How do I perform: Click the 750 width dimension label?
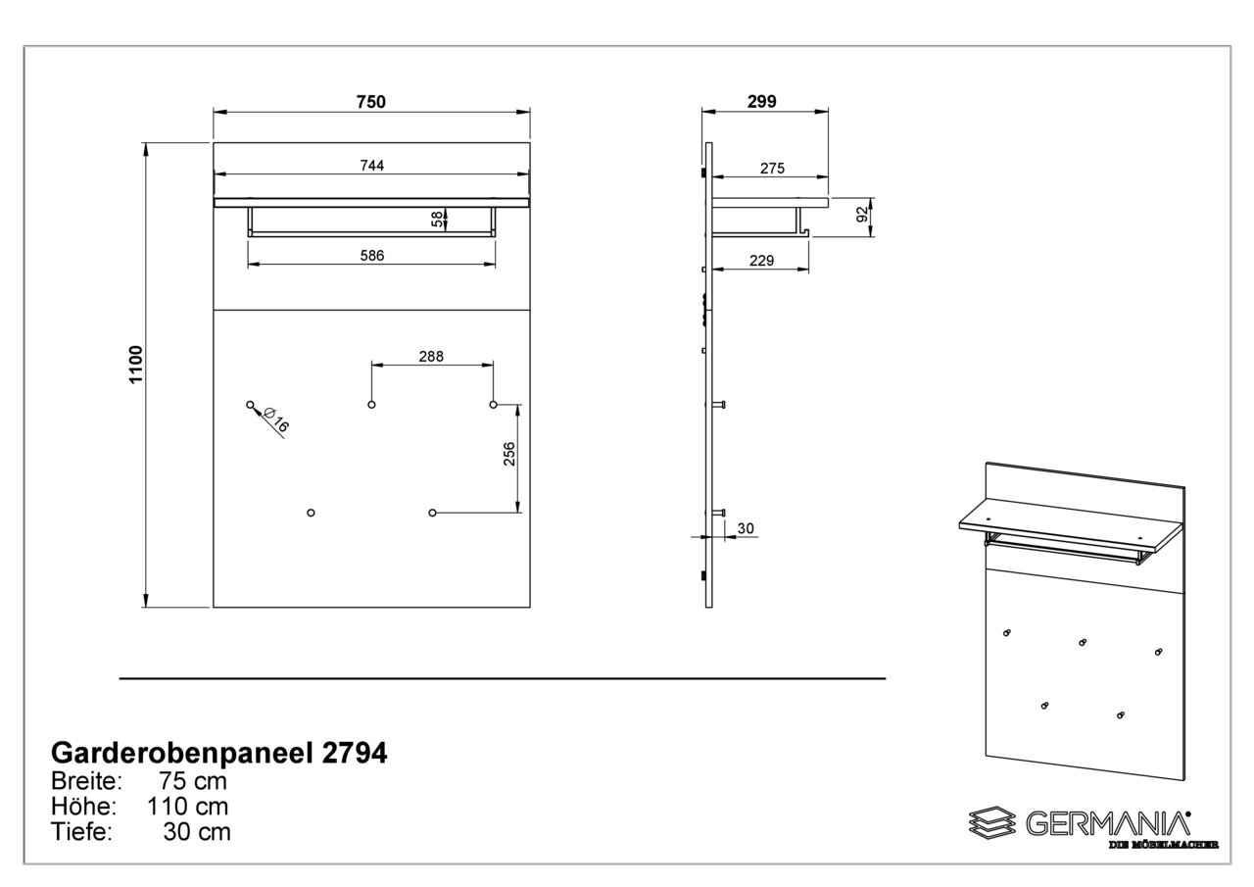[371, 102]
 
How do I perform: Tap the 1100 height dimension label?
[136, 365]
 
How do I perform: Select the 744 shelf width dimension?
[372, 166]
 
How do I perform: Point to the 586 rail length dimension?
[372, 256]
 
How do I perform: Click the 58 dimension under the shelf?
[437, 219]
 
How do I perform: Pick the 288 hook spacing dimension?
[431, 357]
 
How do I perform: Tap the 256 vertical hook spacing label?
[508, 454]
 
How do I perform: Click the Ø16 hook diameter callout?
[275, 420]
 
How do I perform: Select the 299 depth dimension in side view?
[762, 102]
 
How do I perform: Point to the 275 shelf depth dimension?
[773, 169]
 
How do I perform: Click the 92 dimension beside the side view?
[863, 214]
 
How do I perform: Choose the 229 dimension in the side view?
[762, 261]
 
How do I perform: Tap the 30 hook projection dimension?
[746, 528]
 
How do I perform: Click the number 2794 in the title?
[355, 754]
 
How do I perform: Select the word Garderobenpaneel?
[182, 755]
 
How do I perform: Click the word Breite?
[87, 781]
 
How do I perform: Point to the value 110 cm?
[187, 807]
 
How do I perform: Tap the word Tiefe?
[81, 832]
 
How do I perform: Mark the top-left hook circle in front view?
[250, 405]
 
